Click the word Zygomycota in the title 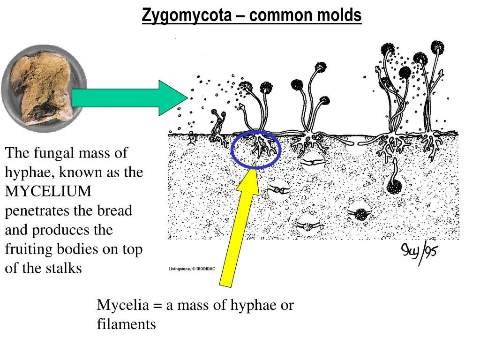click(187, 16)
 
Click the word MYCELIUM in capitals click(48, 192)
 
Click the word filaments click(126, 324)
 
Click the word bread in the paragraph click(114, 211)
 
